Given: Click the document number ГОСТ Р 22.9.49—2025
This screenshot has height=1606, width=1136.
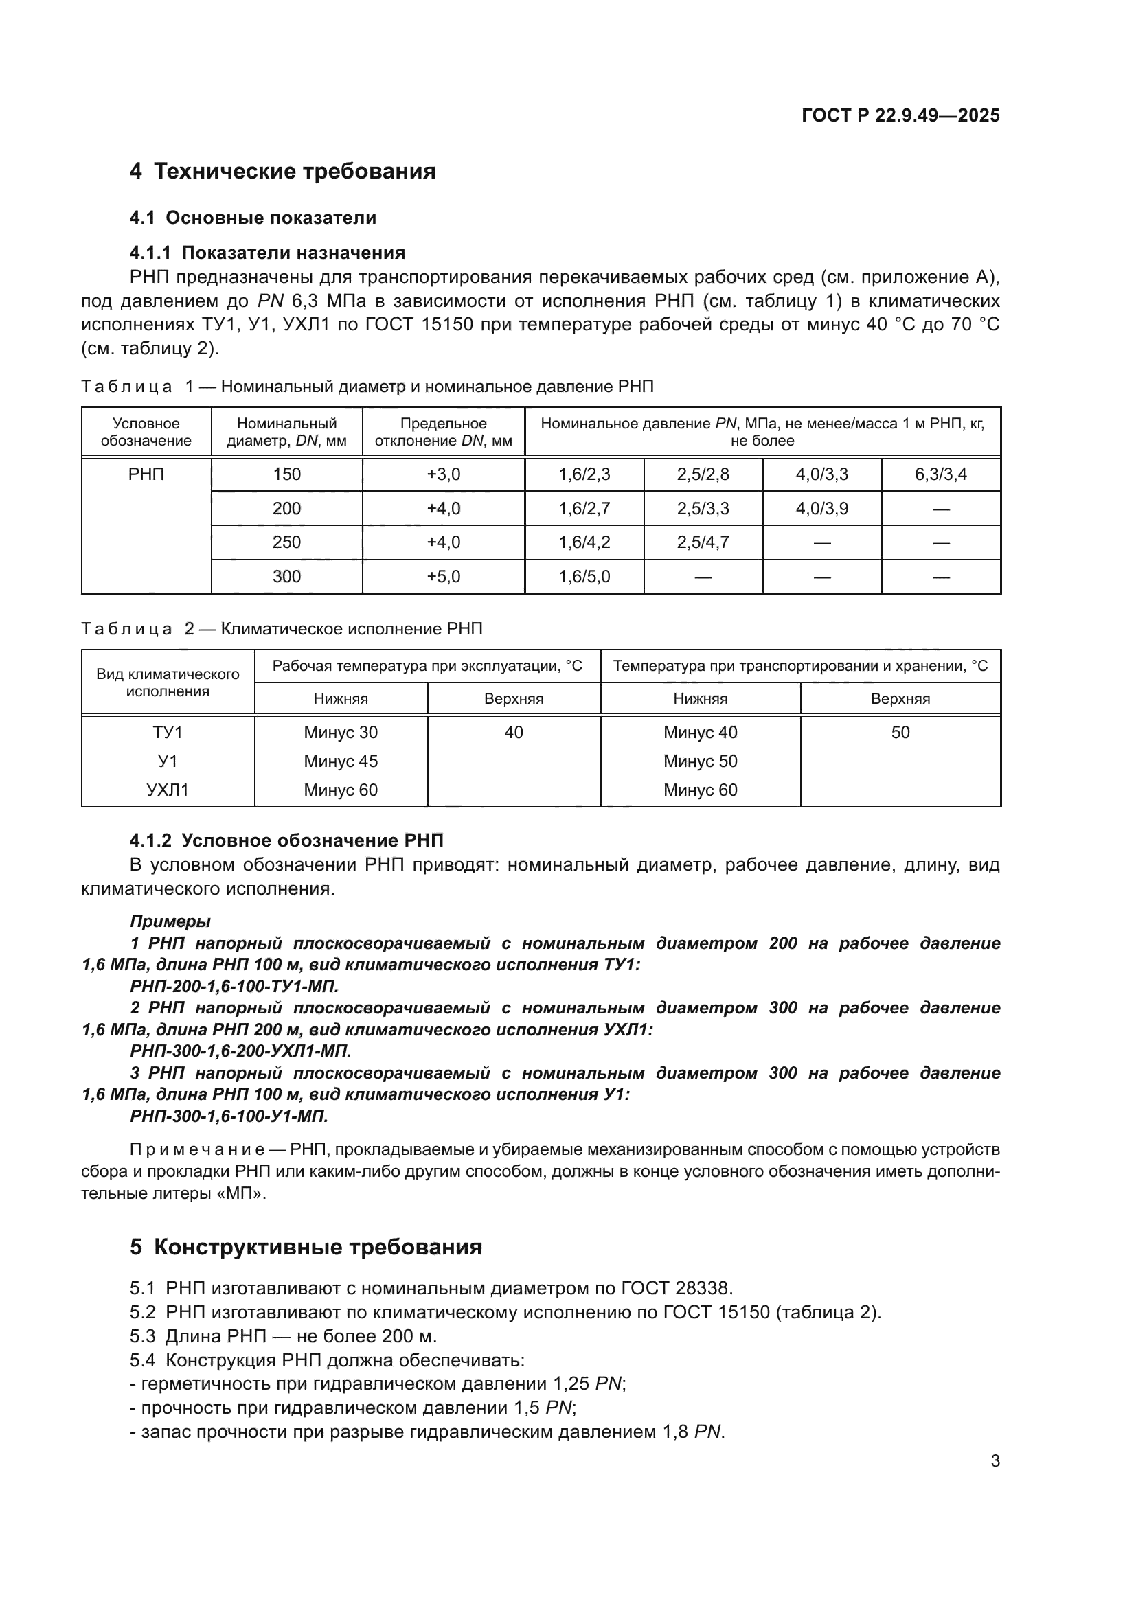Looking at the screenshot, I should [900, 115].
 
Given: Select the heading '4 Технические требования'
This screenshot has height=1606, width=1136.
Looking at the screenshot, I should [282, 172].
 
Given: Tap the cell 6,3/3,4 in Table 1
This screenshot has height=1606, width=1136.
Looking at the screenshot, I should [940, 474].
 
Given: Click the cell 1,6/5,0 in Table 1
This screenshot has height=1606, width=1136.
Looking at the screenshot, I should [584, 576].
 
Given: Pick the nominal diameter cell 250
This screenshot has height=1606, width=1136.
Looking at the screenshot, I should [287, 542].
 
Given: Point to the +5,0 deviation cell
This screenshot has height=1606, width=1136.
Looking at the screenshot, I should [444, 576].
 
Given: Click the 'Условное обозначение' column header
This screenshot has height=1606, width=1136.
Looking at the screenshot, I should [146, 432].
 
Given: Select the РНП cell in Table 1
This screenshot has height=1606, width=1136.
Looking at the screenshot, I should [146, 474].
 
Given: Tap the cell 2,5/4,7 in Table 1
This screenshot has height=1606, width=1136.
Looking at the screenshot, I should [703, 542].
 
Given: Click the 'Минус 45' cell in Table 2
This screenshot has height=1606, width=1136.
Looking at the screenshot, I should [341, 761].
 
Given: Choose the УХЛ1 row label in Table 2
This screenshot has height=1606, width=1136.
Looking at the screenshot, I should [168, 790].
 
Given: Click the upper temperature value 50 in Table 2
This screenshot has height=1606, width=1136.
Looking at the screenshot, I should [900, 733].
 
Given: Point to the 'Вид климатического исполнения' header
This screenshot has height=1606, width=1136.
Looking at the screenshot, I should [168, 682].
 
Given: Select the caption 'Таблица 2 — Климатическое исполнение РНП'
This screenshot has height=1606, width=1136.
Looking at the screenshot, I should [282, 628].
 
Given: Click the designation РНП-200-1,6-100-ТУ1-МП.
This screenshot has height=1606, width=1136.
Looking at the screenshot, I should [234, 986].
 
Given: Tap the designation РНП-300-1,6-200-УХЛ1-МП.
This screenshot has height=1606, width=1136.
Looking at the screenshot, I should [240, 1051].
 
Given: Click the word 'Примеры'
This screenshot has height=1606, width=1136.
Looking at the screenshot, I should [170, 921].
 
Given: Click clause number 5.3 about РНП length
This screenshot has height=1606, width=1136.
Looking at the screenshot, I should [143, 1336].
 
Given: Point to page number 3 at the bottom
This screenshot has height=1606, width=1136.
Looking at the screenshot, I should [995, 1460].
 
